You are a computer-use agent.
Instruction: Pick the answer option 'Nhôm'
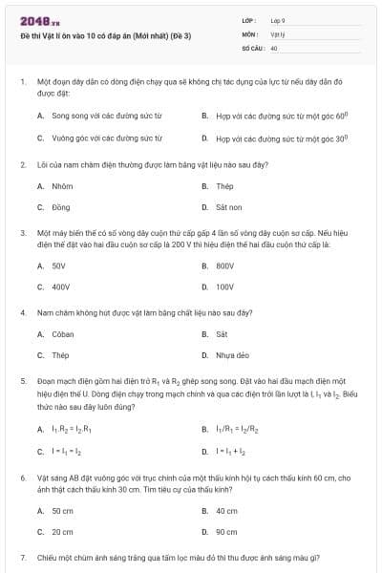(62, 186)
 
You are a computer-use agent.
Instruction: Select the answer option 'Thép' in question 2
(224, 186)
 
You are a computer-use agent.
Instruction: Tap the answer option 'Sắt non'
(228, 207)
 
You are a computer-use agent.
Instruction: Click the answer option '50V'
(59, 265)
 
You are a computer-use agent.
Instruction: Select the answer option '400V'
(61, 286)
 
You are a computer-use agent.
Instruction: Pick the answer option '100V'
(225, 286)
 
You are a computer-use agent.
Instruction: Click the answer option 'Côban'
(63, 334)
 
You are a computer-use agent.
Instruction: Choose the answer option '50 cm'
(62, 511)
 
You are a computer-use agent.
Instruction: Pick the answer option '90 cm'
(226, 532)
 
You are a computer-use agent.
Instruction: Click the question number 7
(22, 557)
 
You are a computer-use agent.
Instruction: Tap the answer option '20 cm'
(62, 532)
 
